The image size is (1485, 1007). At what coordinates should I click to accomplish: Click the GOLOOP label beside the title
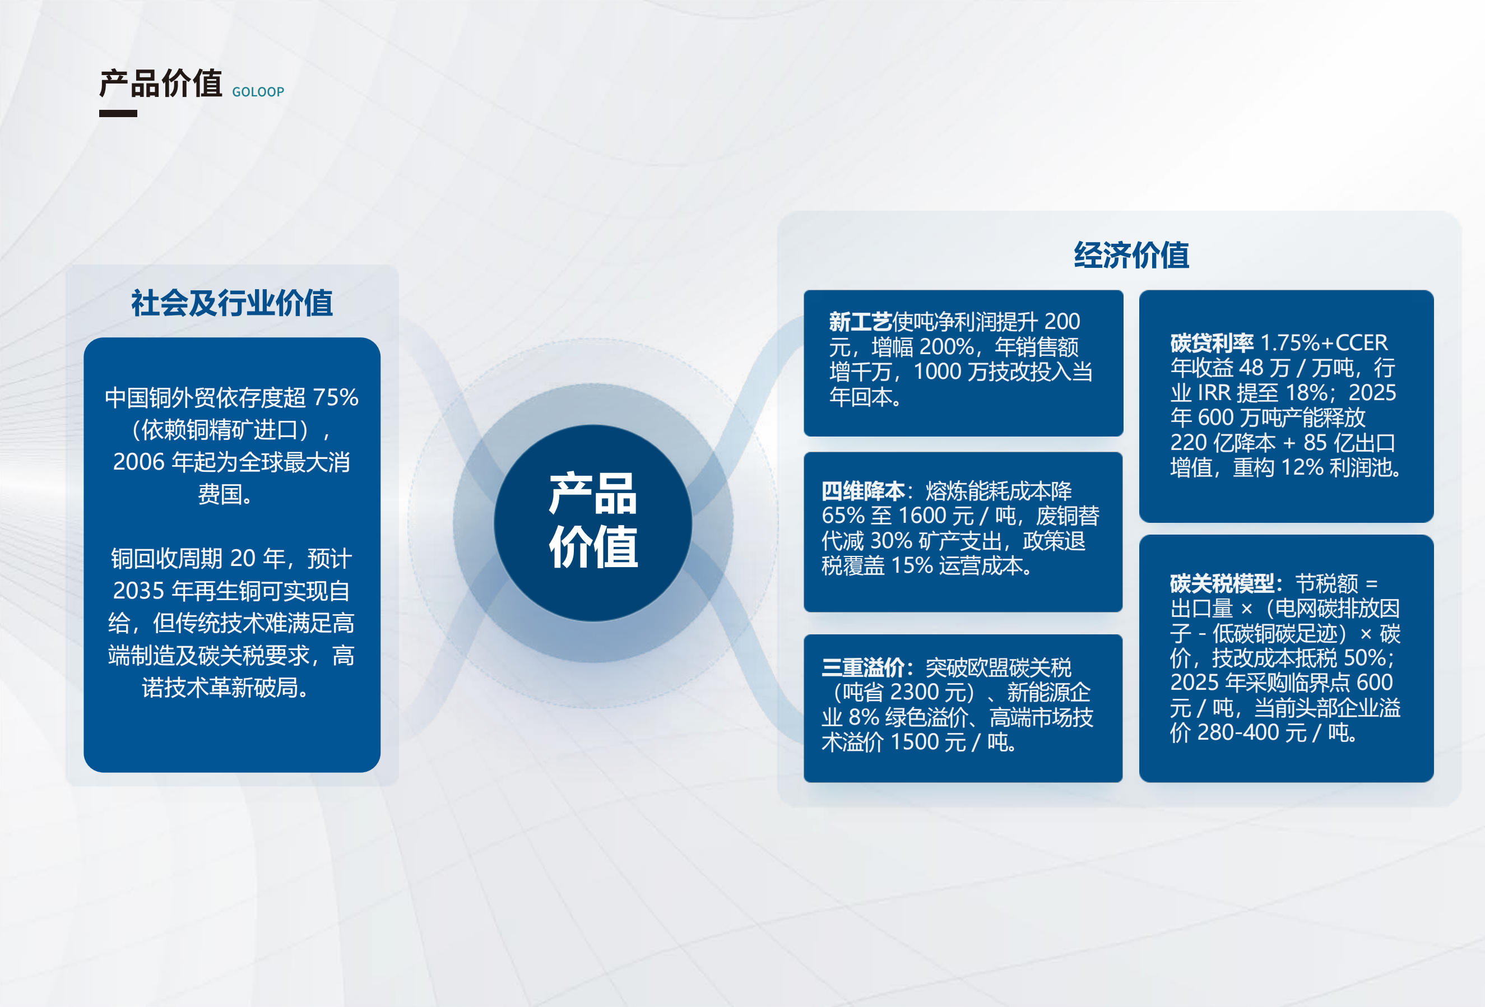coord(258,92)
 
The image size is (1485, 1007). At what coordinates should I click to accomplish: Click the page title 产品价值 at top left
coord(161,83)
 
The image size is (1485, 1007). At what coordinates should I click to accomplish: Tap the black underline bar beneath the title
coord(118,114)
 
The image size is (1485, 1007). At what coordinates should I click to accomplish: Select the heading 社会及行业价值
coord(232,303)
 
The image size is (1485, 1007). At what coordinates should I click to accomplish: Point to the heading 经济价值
coord(1131,256)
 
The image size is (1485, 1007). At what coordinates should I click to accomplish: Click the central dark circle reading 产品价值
coord(593,523)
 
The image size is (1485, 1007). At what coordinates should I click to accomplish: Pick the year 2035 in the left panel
coord(138,591)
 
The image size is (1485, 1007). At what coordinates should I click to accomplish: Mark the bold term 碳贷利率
coord(1212,343)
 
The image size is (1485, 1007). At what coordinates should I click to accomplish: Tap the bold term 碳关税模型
coord(1222,583)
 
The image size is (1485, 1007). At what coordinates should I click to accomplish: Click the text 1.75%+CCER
coord(1324,343)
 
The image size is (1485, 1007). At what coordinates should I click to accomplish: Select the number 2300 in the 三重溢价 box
coord(916,692)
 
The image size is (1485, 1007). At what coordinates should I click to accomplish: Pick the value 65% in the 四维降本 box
coord(843,515)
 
